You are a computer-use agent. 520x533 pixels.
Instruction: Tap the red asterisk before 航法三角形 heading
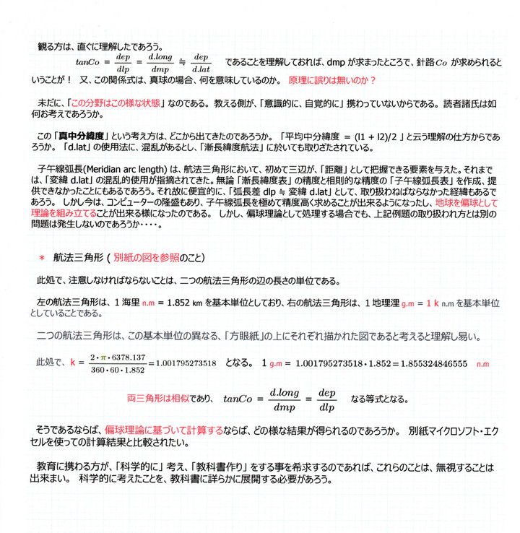point(41,257)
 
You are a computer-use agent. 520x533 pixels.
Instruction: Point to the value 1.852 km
point(186,300)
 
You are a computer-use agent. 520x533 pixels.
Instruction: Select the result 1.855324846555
point(425,362)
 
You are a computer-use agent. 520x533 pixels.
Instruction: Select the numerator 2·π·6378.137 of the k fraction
point(118,357)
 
